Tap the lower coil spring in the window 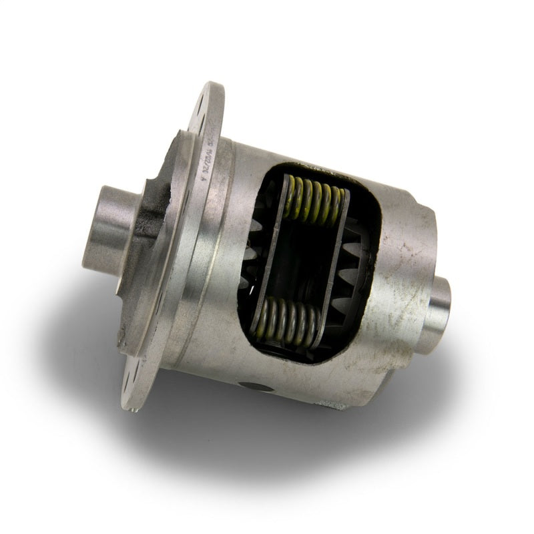click(x=288, y=321)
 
